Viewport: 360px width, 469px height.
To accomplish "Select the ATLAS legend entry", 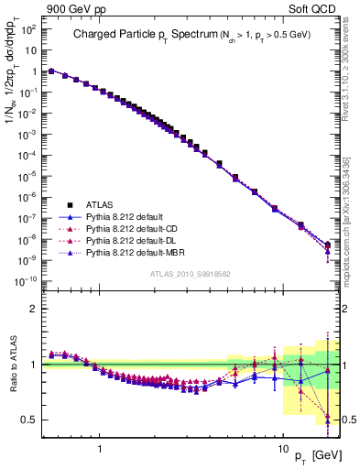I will click(95, 206).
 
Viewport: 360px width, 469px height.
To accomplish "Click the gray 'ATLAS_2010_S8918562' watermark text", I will click(191, 274).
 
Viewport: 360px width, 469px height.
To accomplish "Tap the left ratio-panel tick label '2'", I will click(35, 309).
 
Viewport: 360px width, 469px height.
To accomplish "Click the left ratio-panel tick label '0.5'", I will click(31, 420).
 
